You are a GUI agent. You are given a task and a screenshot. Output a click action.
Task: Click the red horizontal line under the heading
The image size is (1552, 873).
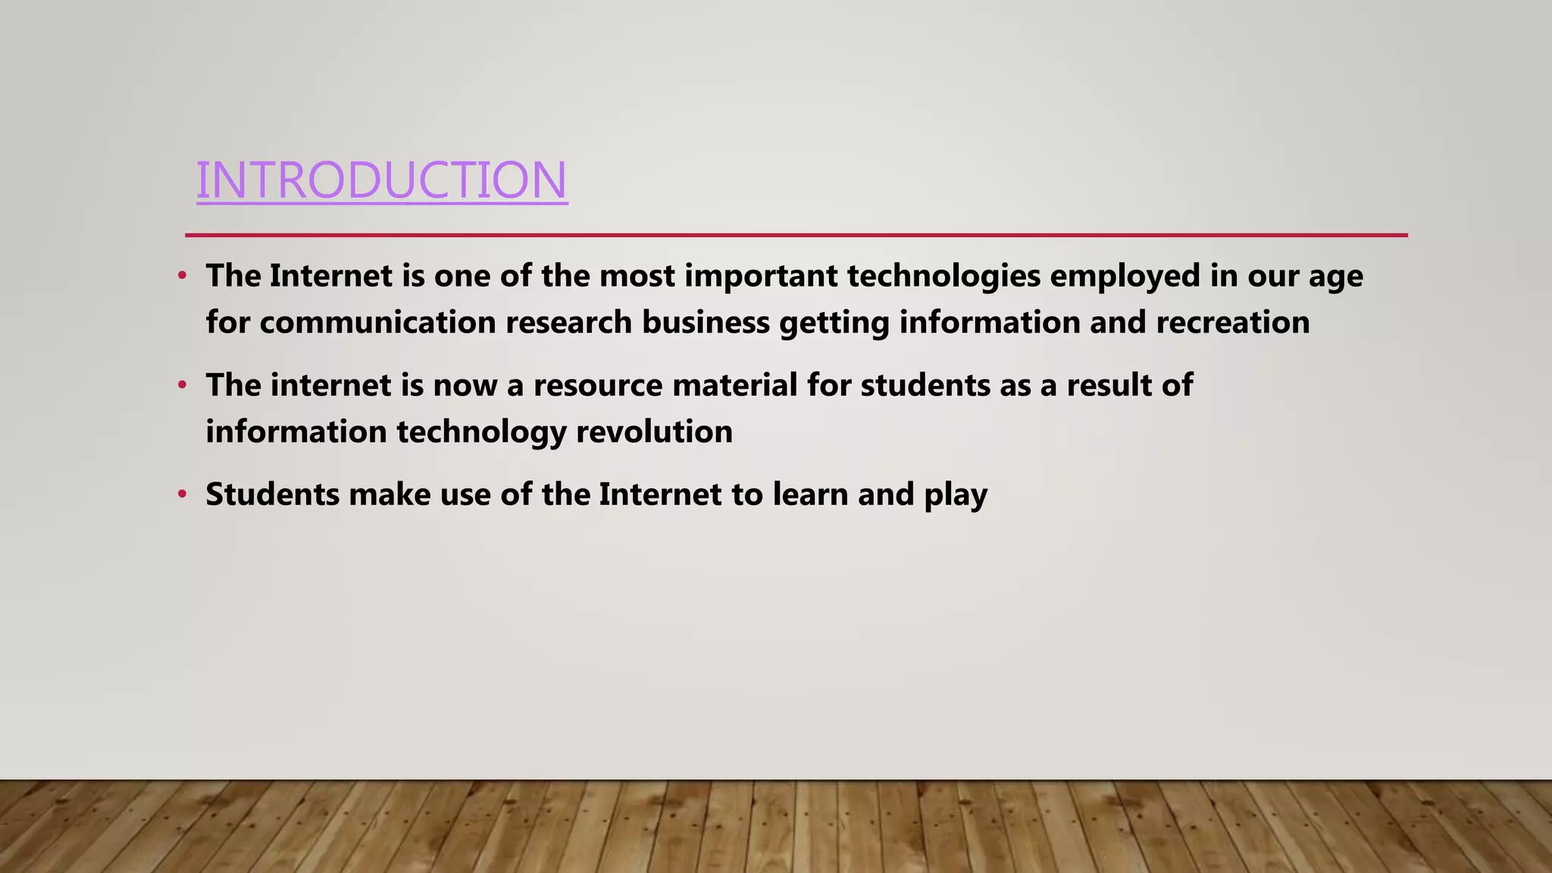[796, 235]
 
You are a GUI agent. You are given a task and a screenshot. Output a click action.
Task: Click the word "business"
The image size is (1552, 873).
[706, 323]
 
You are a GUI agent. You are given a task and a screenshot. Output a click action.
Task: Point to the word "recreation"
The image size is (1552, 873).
[1233, 323]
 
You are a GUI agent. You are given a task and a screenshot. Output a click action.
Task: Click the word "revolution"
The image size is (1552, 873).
[654, 432]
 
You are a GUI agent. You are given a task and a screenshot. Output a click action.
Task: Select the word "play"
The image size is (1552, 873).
[956, 496]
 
